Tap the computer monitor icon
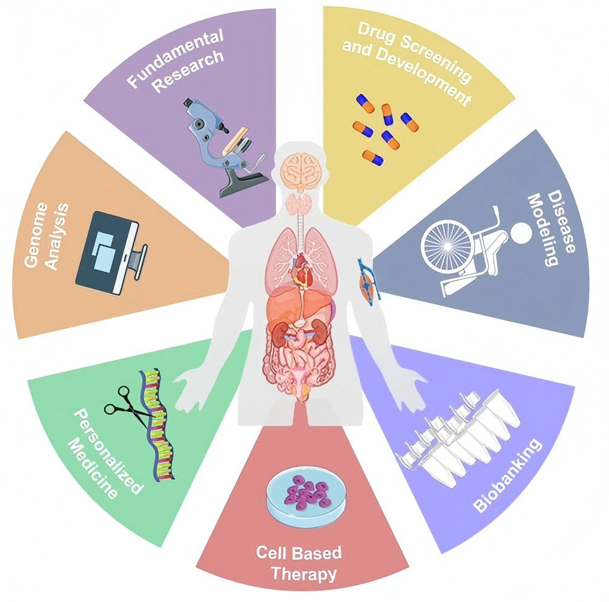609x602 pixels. (111, 251)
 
